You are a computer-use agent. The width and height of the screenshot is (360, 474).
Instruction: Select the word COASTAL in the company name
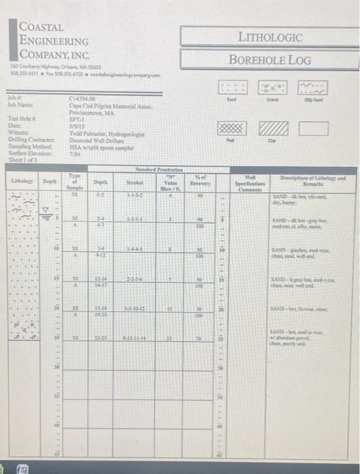pos(41,28)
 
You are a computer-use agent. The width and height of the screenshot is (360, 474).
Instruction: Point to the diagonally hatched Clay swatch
pos(273,127)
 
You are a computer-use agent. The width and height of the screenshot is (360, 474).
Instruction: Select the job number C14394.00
pos(83,99)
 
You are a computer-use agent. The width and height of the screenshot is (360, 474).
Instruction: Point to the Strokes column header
pos(133,181)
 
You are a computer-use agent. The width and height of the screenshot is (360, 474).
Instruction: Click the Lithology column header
pos(17,181)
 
